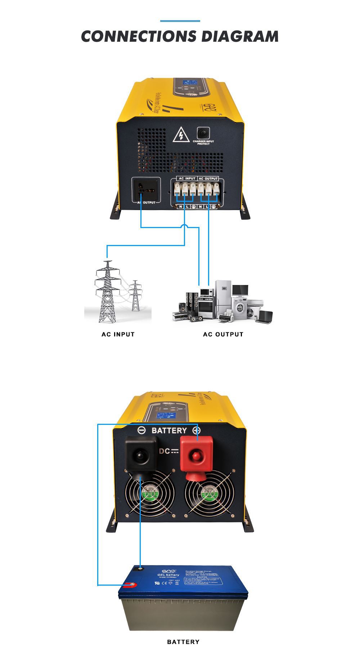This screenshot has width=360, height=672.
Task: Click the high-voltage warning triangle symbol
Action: (181, 135)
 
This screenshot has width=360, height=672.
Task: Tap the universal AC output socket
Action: (146, 190)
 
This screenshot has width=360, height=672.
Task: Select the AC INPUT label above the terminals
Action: (187, 178)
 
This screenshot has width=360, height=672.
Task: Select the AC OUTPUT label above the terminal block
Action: (208, 178)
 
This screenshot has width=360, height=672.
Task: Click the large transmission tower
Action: (107, 291)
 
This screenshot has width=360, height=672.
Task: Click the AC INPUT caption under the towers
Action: (118, 334)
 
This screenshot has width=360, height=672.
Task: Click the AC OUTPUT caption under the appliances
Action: (223, 334)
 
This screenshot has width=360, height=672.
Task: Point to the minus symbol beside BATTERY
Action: (142, 430)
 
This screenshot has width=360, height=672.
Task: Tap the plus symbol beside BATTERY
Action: (197, 430)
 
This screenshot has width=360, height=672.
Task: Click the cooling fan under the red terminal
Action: (209, 494)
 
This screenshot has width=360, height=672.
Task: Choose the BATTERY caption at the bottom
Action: (183, 642)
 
